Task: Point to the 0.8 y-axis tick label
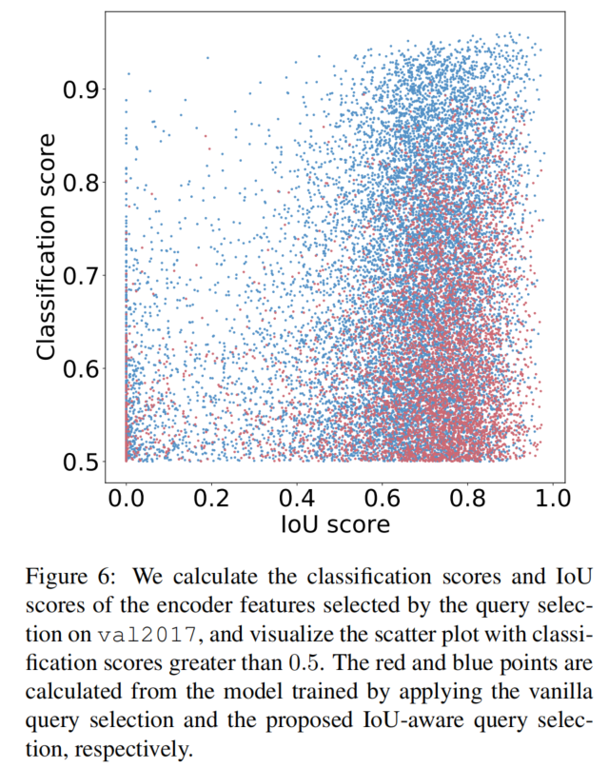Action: point(80,182)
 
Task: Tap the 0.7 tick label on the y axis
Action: point(80,275)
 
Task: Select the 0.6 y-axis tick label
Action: point(80,368)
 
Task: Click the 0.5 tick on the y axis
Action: point(80,462)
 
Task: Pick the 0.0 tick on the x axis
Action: point(126,498)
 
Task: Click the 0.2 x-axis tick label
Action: point(210,498)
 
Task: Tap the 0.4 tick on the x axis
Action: point(296,498)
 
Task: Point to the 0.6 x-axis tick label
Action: point(382,498)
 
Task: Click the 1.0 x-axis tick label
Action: point(552,498)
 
